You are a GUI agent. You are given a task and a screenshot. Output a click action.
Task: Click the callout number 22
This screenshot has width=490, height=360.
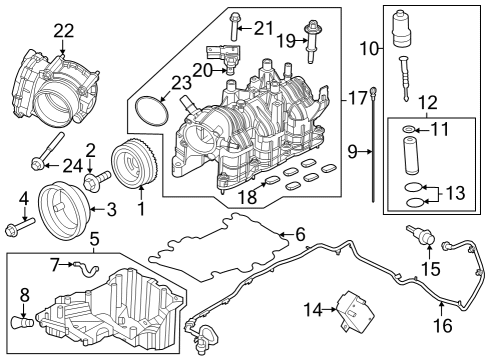pos(63,31)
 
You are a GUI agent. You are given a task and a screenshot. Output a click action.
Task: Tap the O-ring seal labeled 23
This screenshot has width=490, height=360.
pos(151,111)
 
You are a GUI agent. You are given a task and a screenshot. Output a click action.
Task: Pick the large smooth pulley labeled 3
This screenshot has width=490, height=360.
pos(62,208)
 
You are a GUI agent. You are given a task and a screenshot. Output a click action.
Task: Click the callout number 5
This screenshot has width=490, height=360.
pos(93,238)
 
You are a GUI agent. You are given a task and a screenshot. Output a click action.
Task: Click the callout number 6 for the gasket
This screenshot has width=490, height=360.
pos(298,234)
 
